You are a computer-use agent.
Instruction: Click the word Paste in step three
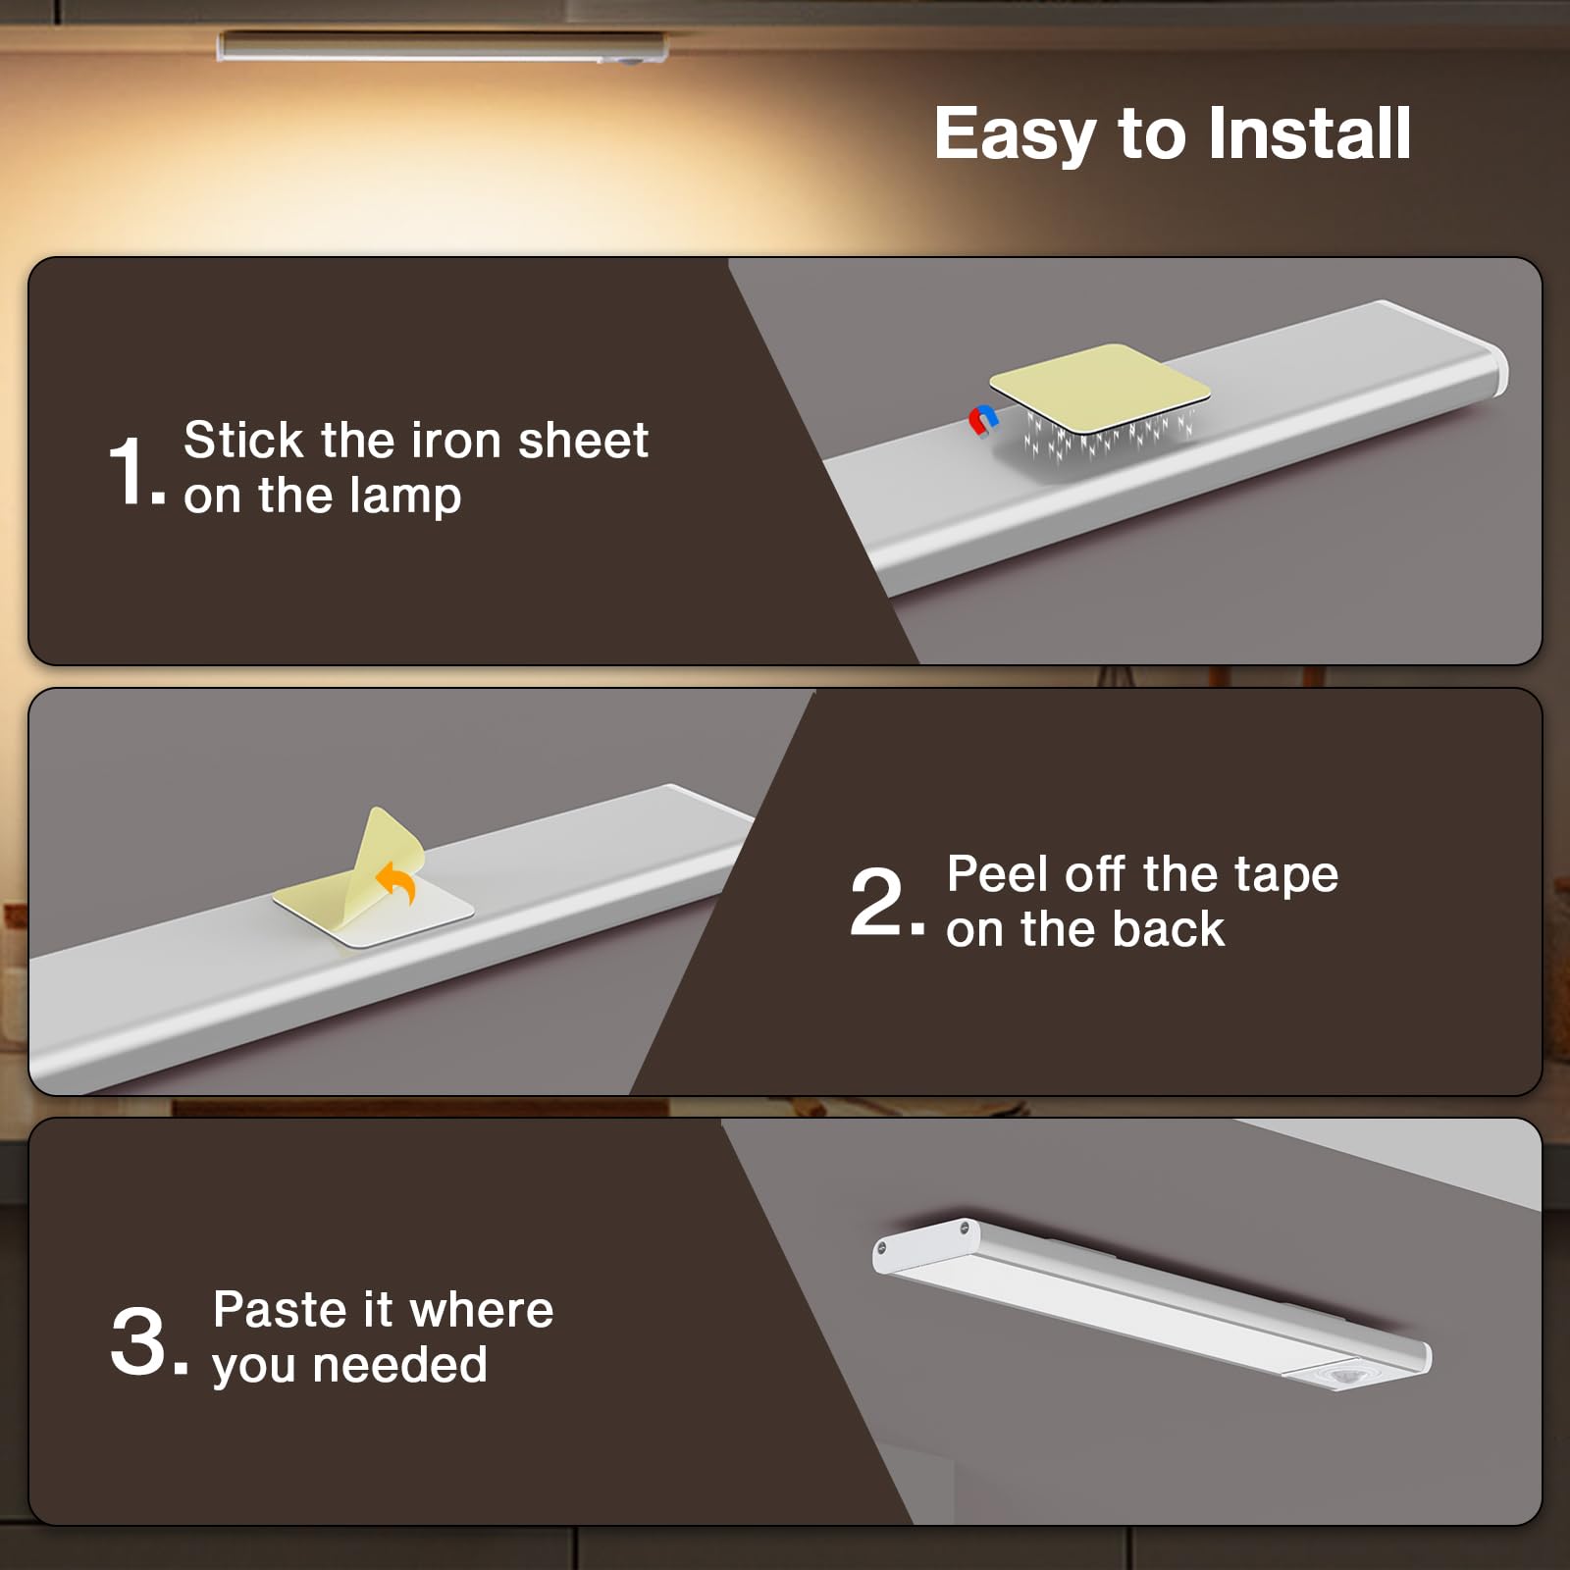coord(281,1309)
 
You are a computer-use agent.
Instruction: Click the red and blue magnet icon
coord(983,421)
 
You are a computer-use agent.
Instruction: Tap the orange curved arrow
coord(397,882)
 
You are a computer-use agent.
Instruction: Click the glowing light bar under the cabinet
coord(442,46)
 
